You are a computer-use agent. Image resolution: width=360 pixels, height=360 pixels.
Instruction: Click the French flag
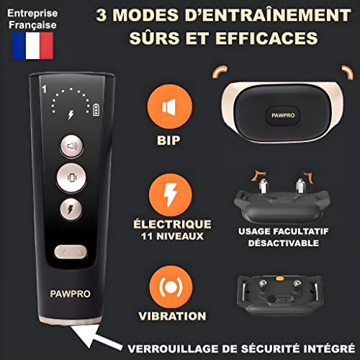[33, 45]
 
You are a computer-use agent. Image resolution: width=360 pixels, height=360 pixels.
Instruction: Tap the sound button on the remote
[71, 146]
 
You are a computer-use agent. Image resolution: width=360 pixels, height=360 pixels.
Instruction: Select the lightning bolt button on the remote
[71, 209]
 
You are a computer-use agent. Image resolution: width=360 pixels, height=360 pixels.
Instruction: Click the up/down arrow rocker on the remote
[71, 252]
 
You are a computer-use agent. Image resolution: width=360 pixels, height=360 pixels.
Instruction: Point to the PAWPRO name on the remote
[70, 294]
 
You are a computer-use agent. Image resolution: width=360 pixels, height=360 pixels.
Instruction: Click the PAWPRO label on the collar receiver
[283, 115]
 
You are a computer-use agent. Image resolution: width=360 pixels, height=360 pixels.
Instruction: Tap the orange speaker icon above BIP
[170, 107]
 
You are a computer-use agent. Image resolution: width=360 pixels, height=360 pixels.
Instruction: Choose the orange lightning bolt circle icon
[171, 195]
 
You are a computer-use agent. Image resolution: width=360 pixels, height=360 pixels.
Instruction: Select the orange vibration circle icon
[171, 287]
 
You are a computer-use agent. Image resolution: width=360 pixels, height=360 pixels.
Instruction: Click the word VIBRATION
[172, 316]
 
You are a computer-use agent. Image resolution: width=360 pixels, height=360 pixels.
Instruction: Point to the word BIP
[168, 140]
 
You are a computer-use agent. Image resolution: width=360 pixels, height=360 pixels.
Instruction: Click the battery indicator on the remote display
[96, 110]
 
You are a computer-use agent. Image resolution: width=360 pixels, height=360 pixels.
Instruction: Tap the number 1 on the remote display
[44, 89]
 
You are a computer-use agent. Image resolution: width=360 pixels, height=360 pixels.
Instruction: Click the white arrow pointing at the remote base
[96, 337]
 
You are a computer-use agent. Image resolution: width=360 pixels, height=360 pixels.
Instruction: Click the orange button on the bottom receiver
[280, 279]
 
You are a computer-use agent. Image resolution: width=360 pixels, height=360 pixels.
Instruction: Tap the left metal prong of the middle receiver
[263, 186]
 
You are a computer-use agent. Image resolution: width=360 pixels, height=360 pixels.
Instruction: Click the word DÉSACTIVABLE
[284, 243]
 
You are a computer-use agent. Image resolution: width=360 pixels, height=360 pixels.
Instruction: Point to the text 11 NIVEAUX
[172, 236]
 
